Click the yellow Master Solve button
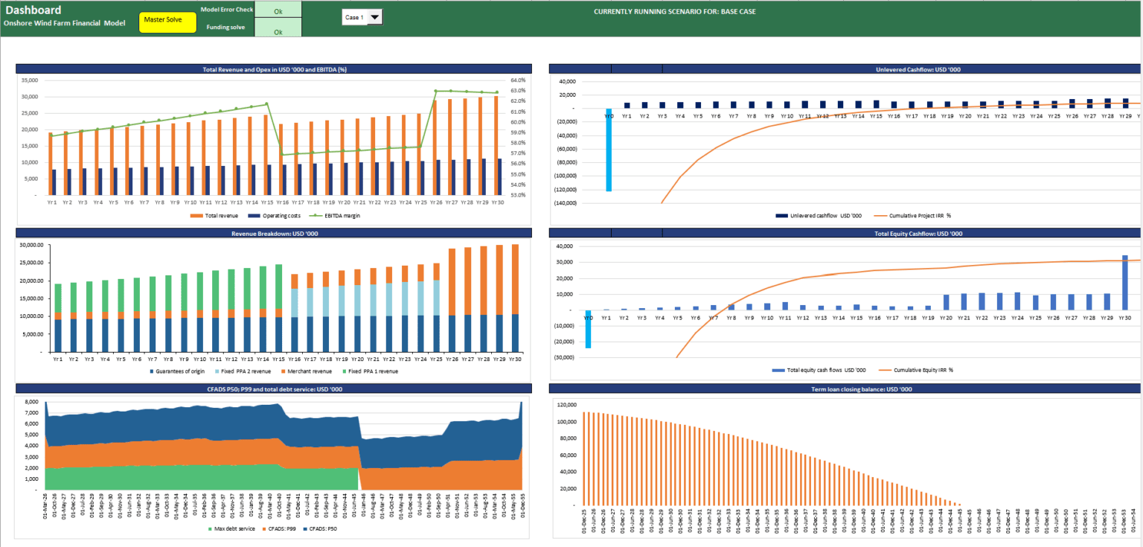tap(167, 22)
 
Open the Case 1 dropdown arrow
tap(374, 17)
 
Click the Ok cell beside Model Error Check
tap(278, 11)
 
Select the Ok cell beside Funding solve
tap(278, 32)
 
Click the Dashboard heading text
tap(33, 10)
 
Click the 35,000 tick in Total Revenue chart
tap(30, 80)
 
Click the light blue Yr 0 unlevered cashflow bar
tap(609, 150)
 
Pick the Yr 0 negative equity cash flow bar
tap(588, 328)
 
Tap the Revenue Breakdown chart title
tap(274, 233)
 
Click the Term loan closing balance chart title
tap(845, 388)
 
